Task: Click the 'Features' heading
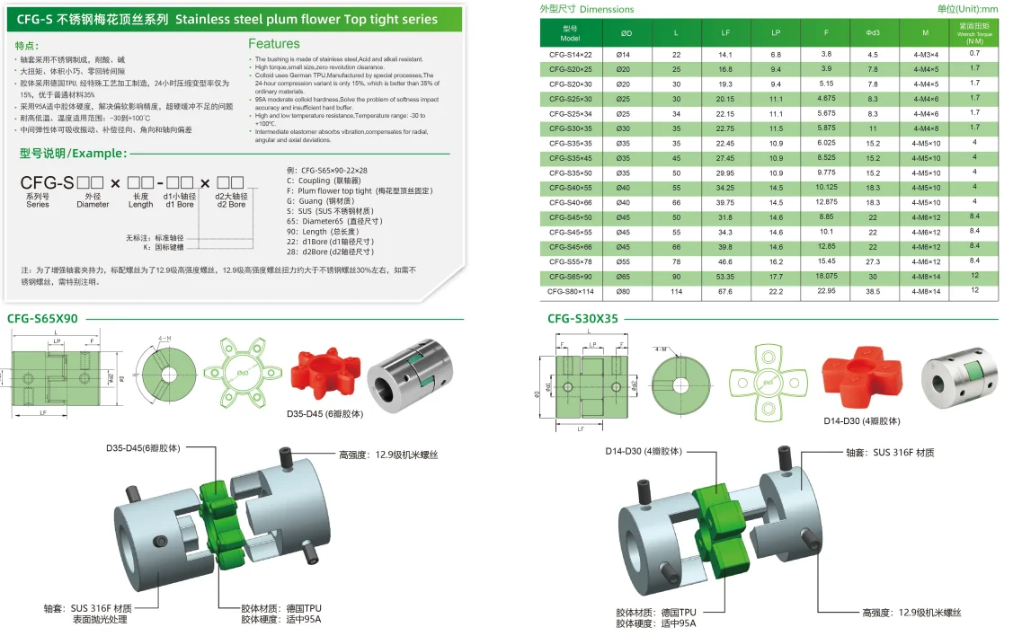coord(274,43)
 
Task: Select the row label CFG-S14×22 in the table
coord(570,54)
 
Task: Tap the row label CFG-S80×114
coord(570,291)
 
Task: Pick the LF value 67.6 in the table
coord(725,291)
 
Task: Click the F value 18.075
coord(826,277)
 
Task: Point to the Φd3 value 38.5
coord(873,291)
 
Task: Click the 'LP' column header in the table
coord(776,34)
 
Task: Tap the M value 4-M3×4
coord(925,54)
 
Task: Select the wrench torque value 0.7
coord(974,54)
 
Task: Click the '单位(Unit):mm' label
coord(967,9)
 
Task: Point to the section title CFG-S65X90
coord(42,319)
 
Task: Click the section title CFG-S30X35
coord(582,319)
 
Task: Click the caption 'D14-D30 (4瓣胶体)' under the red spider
coord(861,420)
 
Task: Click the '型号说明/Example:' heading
coord(67,153)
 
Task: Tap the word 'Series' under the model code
coord(38,205)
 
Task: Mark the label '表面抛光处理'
coord(102,620)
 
